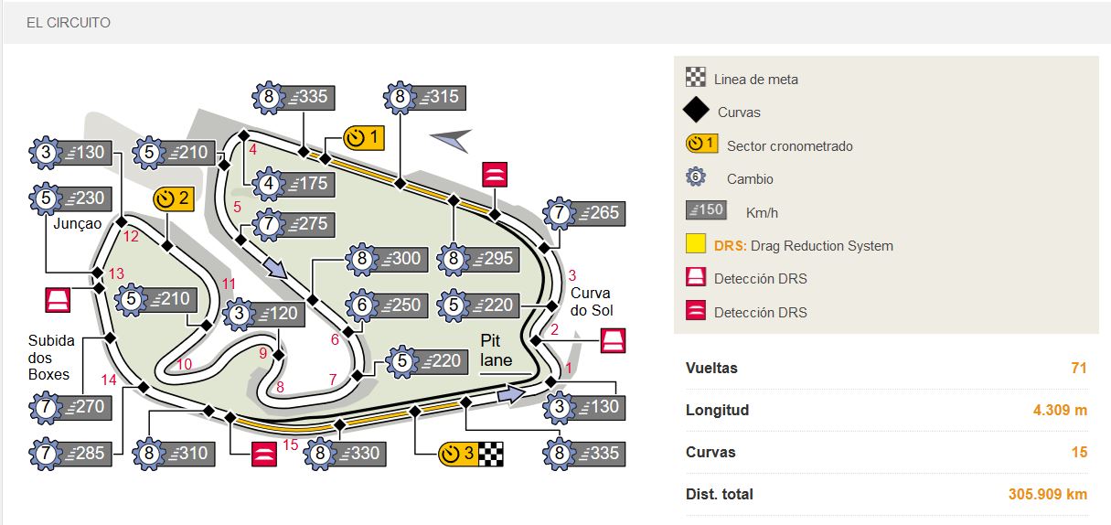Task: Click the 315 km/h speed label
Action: pos(439,97)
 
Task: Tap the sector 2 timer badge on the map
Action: pos(174,198)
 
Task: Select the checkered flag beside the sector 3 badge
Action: pos(492,454)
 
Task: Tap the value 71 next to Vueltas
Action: pos(1078,368)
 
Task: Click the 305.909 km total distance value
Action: pos(1047,494)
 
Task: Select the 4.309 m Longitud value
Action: pos(1060,410)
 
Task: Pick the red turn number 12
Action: pos(130,237)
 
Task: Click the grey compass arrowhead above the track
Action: pos(451,139)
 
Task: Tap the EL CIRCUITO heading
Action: pos(68,22)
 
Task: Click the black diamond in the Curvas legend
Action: pos(696,112)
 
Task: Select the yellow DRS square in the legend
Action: pos(696,245)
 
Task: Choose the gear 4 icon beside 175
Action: pos(268,184)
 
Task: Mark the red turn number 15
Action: pos(291,445)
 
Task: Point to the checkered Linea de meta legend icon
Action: pos(696,78)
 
